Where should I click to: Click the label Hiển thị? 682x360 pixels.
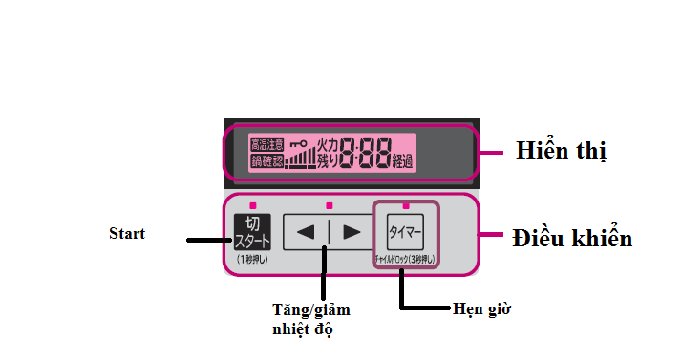[x=561, y=151]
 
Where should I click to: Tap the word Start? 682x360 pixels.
[x=127, y=233]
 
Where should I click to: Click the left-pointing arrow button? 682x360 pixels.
[x=306, y=232]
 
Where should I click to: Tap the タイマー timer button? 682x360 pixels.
[x=405, y=232]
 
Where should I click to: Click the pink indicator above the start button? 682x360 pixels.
[x=252, y=205]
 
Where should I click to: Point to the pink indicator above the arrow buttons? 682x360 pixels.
[x=328, y=205]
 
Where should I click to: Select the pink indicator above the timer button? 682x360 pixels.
[x=405, y=205]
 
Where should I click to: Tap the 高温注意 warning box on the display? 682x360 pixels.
[x=266, y=144]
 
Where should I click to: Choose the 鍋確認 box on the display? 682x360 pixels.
[x=266, y=161]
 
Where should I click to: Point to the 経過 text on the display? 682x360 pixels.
[x=402, y=161]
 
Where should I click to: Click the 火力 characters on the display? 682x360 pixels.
[x=329, y=143]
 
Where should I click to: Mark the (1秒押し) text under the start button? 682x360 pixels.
[x=252, y=259]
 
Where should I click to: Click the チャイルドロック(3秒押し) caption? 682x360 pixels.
[x=404, y=259]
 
